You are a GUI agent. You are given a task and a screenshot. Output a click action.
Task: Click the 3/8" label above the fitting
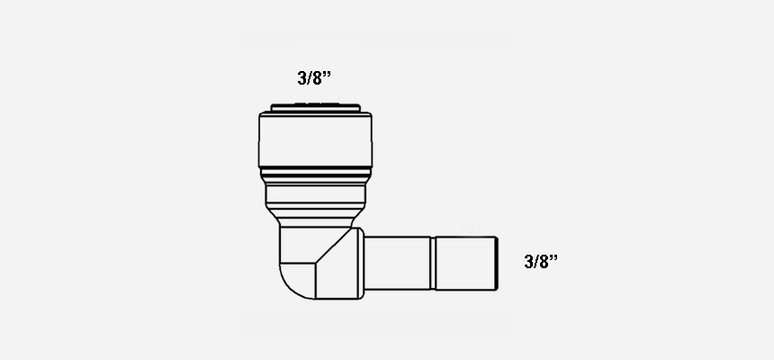click(314, 78)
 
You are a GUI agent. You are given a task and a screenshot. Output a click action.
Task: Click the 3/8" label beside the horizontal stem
click(541, 261)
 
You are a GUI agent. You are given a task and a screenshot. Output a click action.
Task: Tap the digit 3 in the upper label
click(302, 78)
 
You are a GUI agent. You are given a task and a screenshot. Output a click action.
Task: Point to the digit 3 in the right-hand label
click(529, 262)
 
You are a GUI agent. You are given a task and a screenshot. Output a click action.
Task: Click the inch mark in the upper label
click(327, 74)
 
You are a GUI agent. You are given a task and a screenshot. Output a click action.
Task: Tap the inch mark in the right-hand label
click(553, 257)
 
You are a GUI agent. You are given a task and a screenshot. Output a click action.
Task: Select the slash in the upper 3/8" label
click(310, 78)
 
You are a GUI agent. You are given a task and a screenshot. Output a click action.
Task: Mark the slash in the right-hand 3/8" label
click(536, 262)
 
